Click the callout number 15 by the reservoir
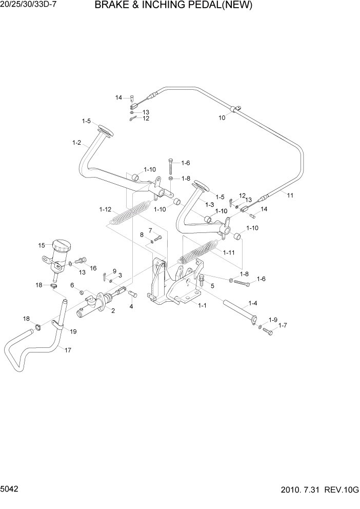pos(42,245)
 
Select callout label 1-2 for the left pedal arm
pos(77,143)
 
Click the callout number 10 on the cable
pos(222,118)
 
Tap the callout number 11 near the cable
pos(290,195)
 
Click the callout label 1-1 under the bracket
pos(202,305)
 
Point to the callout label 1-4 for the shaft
pos(253,303)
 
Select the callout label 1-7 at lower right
pos(283,326)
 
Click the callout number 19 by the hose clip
pos(73,331)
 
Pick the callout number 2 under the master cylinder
pos(112,310)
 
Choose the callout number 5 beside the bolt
pos(212,286)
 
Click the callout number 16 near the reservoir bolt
pos(93,268)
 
